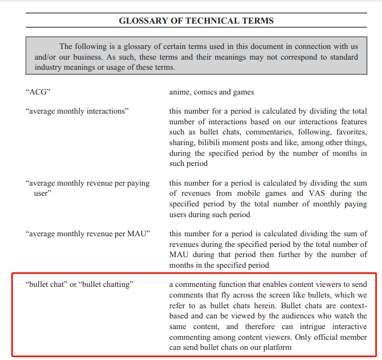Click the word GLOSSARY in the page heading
pyautogui.click(x=142, y=21)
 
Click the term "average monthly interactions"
pyautogui.click(x=77, y=111)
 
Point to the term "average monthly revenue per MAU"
pyautogui.click(x=88, y=233)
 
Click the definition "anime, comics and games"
pyautogui.click(x=211, y=92)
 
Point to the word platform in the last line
pyautogui.click(x=277, y=348)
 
